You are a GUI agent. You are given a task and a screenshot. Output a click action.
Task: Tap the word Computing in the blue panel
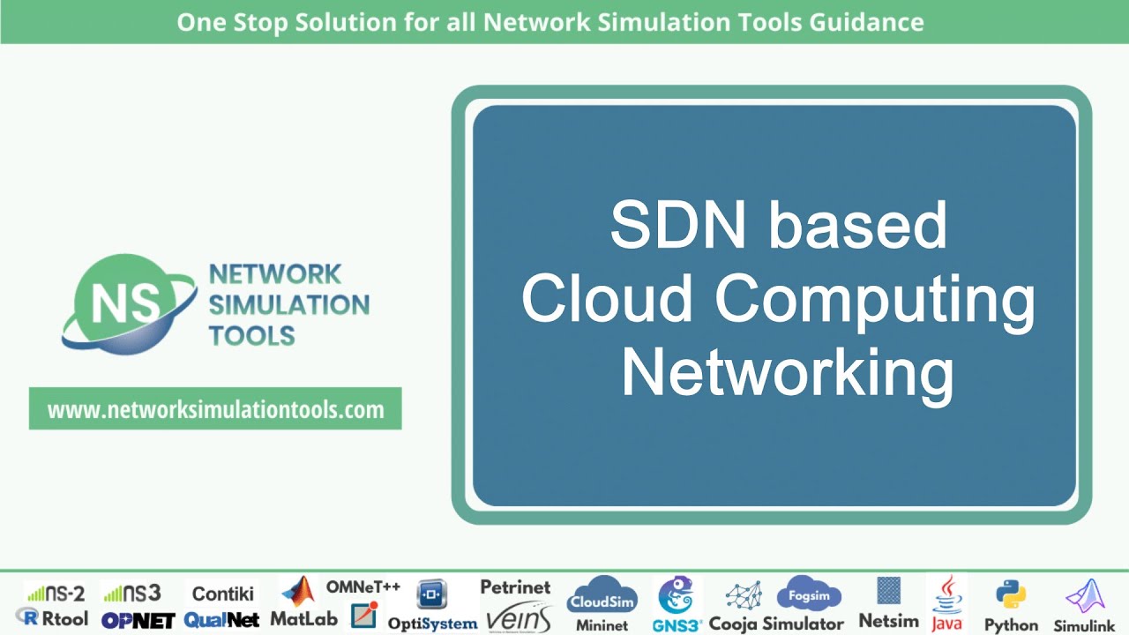point(874,300)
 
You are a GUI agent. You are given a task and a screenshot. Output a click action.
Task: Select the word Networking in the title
point(787,374)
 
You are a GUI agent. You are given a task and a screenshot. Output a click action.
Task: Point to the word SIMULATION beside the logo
point(288,305)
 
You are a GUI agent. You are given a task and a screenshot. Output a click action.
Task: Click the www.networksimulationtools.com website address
point(215,409)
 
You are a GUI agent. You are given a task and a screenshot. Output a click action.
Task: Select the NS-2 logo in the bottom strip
point(55,593)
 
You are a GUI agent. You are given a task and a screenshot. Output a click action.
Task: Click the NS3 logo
point(132,593)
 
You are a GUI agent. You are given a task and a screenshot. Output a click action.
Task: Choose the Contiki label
point(223,593)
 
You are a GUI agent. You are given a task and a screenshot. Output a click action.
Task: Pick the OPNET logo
point(138,620)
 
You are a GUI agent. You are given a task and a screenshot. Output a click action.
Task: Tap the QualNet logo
point(221,620)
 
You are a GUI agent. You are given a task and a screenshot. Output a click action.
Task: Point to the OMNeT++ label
point(363,587)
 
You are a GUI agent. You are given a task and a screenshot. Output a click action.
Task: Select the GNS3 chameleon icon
point(677,595)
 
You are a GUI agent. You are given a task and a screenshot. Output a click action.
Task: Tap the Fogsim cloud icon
point(809,595)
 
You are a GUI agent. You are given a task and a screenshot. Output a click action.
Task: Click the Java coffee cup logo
point(947,594)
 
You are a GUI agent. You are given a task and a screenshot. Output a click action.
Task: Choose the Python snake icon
point(1009,595)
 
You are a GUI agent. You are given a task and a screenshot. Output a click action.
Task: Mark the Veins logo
point(518,616)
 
